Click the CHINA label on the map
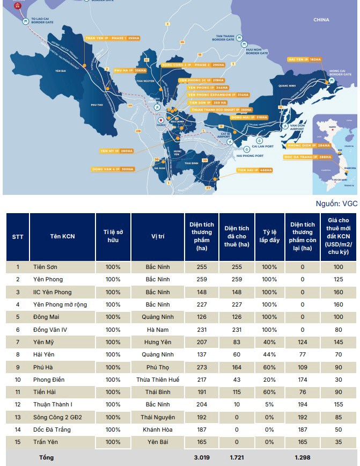321,20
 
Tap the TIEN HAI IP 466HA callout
255,170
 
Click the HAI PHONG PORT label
250,156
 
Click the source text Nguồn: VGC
338,203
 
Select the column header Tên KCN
62,236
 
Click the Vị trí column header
158,236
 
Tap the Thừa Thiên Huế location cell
158,380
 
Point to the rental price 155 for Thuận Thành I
338,404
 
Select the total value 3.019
201,457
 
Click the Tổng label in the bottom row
45,457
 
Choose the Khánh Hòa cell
158,429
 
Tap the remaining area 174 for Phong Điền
303,380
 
